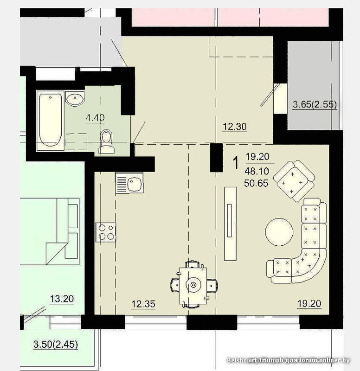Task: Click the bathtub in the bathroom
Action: point(51,120)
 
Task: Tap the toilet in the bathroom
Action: point(106,142)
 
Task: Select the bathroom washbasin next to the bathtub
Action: point(75,99)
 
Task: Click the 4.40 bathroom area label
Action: point(95,118)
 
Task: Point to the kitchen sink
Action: point(129,183)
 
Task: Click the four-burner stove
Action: point(105,232)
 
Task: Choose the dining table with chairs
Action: point(193,284)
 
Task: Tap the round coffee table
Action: point(279,232)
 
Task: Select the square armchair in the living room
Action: point(294,181)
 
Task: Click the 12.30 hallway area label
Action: point(235,127)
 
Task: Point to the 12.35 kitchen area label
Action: point(143,304)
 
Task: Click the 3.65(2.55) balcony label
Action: point(315,104)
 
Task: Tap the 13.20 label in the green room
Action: point(62,299)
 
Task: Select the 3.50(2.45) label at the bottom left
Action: point(56,344)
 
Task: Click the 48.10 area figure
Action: point(257,171)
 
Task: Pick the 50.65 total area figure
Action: point(257,183)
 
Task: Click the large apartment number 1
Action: point(236,163)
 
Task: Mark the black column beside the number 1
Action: point(217,158)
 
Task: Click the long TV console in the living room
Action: point(231,224)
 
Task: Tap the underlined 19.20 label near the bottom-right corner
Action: point(309,304)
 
